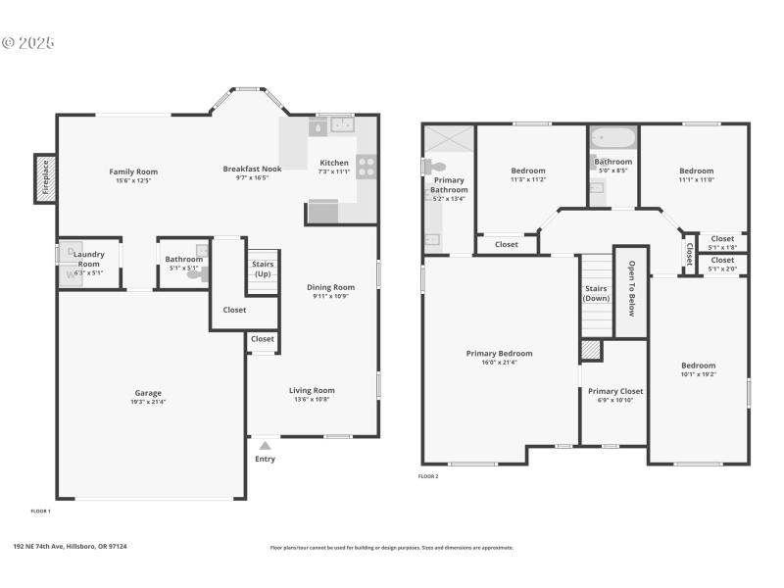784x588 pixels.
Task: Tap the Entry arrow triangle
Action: click(x=265, y=446)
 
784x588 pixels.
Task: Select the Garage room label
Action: click(x=148, y=393)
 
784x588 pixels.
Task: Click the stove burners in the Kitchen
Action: click(x=367, y=167)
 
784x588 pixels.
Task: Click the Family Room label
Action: click(x=133, y=171)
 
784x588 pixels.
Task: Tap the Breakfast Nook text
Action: click(x=252, y=169)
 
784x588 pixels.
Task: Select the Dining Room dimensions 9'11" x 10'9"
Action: click(x=332, y=296)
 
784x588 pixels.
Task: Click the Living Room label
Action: click(x=312, y=390)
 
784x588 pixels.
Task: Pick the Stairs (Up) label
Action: click(x=263, y=269)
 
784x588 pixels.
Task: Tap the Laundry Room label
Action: click(x=88, y=260)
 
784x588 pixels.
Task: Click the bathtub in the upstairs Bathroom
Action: click(x=613, y=137)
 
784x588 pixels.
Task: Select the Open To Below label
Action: click(x=632, y=290)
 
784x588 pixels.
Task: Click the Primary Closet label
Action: click(x=615, y=391)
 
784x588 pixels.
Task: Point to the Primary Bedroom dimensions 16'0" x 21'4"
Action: click(x=499, y=363)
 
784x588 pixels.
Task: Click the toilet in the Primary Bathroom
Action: click(x=436, y=168)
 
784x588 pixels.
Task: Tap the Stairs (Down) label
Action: click(x=596, y=293)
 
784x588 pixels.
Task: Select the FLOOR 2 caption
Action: click(x=428, y=476)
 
